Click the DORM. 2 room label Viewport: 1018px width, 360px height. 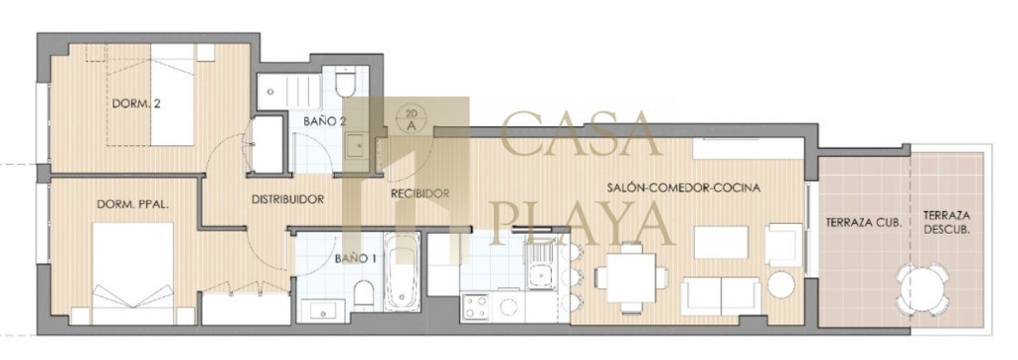click(x=136, y=103)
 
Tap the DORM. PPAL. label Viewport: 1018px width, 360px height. click(x=133, y=204)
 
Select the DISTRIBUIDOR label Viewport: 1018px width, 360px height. click(x=287, y=200)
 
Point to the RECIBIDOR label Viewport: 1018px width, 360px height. click(x=421, y=194)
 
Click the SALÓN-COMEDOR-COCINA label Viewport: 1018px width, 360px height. click(x=684, y=188)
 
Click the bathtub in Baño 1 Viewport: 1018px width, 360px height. click(x=402, y=271)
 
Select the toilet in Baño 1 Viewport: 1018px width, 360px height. click(x=364, y=295)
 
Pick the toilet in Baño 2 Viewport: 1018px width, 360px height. click(x=346, y=83)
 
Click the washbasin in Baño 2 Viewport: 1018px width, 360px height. click(x=357, y=146)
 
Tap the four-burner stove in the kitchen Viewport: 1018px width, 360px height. click(x=475, y=307)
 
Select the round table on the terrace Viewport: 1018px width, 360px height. click(x=923, y=289)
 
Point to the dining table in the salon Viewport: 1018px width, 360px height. click(x=631, y=277)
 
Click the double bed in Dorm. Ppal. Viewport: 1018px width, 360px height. click(x=133, y=273)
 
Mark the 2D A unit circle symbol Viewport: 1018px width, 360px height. click(x=411, y=120)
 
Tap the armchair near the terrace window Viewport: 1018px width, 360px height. click(x=783, y=244)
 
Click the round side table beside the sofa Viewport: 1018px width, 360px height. click(x=781, y=284)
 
